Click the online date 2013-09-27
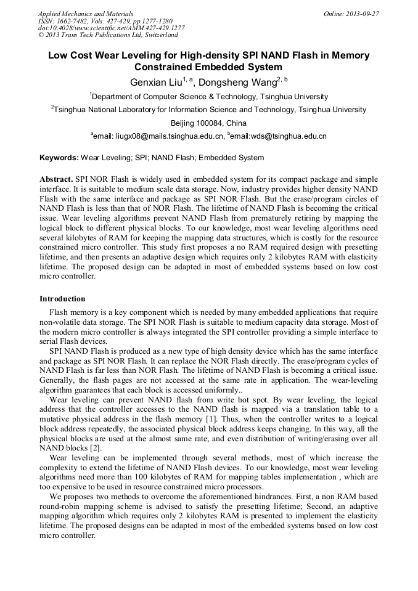pos(363,14)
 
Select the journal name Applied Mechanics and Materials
pos(86,14)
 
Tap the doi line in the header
pos(111,28)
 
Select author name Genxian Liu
pos(155,82)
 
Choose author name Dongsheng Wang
pos(237,82)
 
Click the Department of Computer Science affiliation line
pos(209,97)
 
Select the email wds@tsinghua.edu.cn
pos(279,136)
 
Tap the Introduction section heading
pos(63,299)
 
